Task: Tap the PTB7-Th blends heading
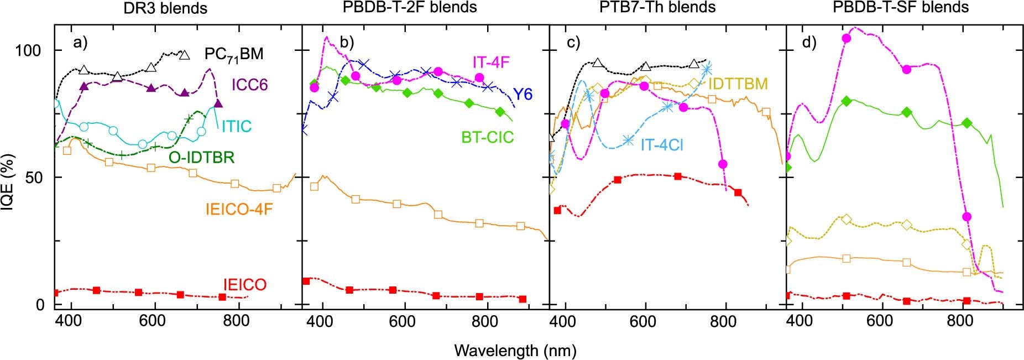pos(657,8)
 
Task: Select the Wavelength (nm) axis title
pos(515,351)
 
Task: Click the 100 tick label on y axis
pos(28,51)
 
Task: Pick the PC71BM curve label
pos(233,54)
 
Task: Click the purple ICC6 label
pos(250,85)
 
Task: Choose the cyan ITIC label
pos(237,127)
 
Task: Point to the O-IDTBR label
pos(201,158)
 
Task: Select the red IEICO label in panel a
pos(244,285)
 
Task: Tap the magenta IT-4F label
pos(490,62)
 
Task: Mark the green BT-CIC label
pos(488,137)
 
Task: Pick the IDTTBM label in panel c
pos(738,84)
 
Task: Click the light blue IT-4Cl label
pos(662,145)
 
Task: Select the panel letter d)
pos(809,43)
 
